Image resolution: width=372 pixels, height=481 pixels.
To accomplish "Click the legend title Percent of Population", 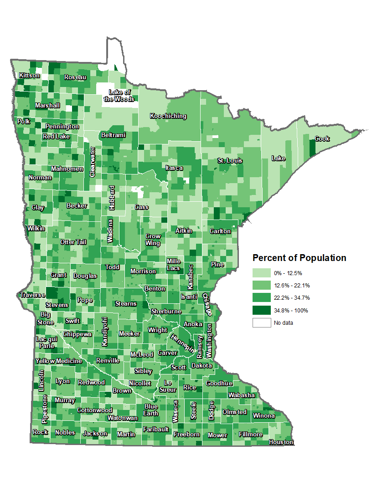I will (299, 258).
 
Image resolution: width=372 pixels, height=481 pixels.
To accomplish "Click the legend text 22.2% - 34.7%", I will (292, 298).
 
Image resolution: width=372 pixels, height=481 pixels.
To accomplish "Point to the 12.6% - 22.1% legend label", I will (292, 286).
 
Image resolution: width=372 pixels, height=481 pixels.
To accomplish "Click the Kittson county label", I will (29, 76).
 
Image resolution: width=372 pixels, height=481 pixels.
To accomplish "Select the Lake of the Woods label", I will (119, 96).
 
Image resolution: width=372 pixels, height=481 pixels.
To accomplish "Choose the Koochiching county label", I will (168, 116).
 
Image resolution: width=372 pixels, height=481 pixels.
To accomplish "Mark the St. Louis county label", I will (230, 161).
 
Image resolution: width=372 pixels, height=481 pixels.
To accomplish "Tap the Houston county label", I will (281, 442).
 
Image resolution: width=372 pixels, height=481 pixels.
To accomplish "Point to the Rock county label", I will (40, 432).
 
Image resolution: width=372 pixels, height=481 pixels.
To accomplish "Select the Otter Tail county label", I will (73, 242).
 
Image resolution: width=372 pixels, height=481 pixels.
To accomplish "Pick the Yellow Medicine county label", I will (59, 361).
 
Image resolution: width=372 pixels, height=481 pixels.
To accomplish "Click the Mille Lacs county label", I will (174, 265).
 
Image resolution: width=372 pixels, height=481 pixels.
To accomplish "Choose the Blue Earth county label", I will (151, 410).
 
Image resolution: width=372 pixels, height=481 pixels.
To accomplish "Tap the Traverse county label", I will (32, 295).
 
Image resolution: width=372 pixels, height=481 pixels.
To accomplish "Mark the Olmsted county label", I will (234, 412).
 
